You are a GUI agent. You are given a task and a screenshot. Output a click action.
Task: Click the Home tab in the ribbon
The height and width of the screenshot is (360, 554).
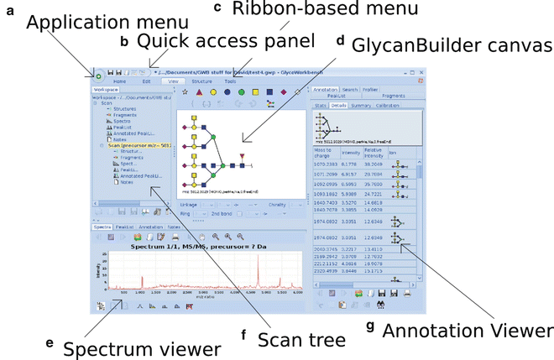pos(120,82)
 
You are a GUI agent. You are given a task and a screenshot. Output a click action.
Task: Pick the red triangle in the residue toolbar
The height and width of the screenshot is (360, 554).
pos(198,91)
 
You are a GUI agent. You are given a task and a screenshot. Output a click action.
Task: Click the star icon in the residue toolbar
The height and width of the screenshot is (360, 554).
pos(184,91)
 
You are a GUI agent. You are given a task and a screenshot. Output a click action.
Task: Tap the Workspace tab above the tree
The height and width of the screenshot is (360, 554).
pos(107,88)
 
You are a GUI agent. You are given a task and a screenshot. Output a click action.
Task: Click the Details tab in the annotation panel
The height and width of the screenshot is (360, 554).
pos(338,105)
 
